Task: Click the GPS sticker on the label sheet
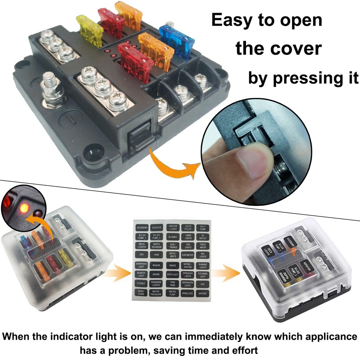142,255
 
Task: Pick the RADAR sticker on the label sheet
156,265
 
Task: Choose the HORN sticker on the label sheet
156,255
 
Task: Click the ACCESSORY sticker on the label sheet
142,227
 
